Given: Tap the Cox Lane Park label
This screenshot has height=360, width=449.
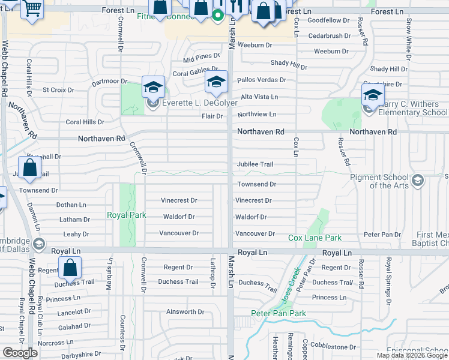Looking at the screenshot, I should pyautogui.click(x=315, y=238).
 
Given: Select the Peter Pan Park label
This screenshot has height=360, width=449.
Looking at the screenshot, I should pyautogui.click(x=279, y=313).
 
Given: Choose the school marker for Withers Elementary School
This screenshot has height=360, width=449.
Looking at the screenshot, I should pyautogui.click(x=373, y=94).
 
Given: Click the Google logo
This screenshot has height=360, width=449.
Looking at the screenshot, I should pyautogui.click(x=20, y=353).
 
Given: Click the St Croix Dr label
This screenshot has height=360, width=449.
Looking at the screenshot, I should pyautogui.click(x=58, y=90).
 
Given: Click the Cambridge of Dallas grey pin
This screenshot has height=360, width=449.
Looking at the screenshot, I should pyautogui.click(x=39, y=244).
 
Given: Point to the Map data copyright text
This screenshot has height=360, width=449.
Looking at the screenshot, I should pyautogui.click(x=411, y=355).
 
